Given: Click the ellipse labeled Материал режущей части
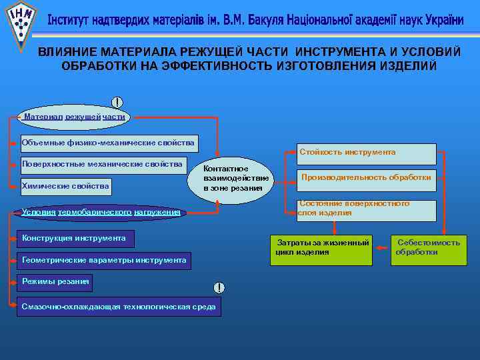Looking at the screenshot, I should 73,116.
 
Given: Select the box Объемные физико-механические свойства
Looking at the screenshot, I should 107,143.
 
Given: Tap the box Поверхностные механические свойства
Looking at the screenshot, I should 101,165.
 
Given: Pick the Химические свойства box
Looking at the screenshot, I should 65,185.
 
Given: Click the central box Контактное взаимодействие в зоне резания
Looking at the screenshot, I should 236,179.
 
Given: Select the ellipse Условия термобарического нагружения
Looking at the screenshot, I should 100,213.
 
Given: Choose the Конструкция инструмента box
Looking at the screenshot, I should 73,239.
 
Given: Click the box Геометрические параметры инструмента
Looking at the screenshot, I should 103,260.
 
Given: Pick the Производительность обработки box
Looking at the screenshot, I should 365,178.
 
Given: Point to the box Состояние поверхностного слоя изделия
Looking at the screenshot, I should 365,209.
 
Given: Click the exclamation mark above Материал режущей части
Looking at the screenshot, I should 117,103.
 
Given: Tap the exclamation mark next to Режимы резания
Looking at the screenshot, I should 219,287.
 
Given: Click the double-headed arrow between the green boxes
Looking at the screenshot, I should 382,248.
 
